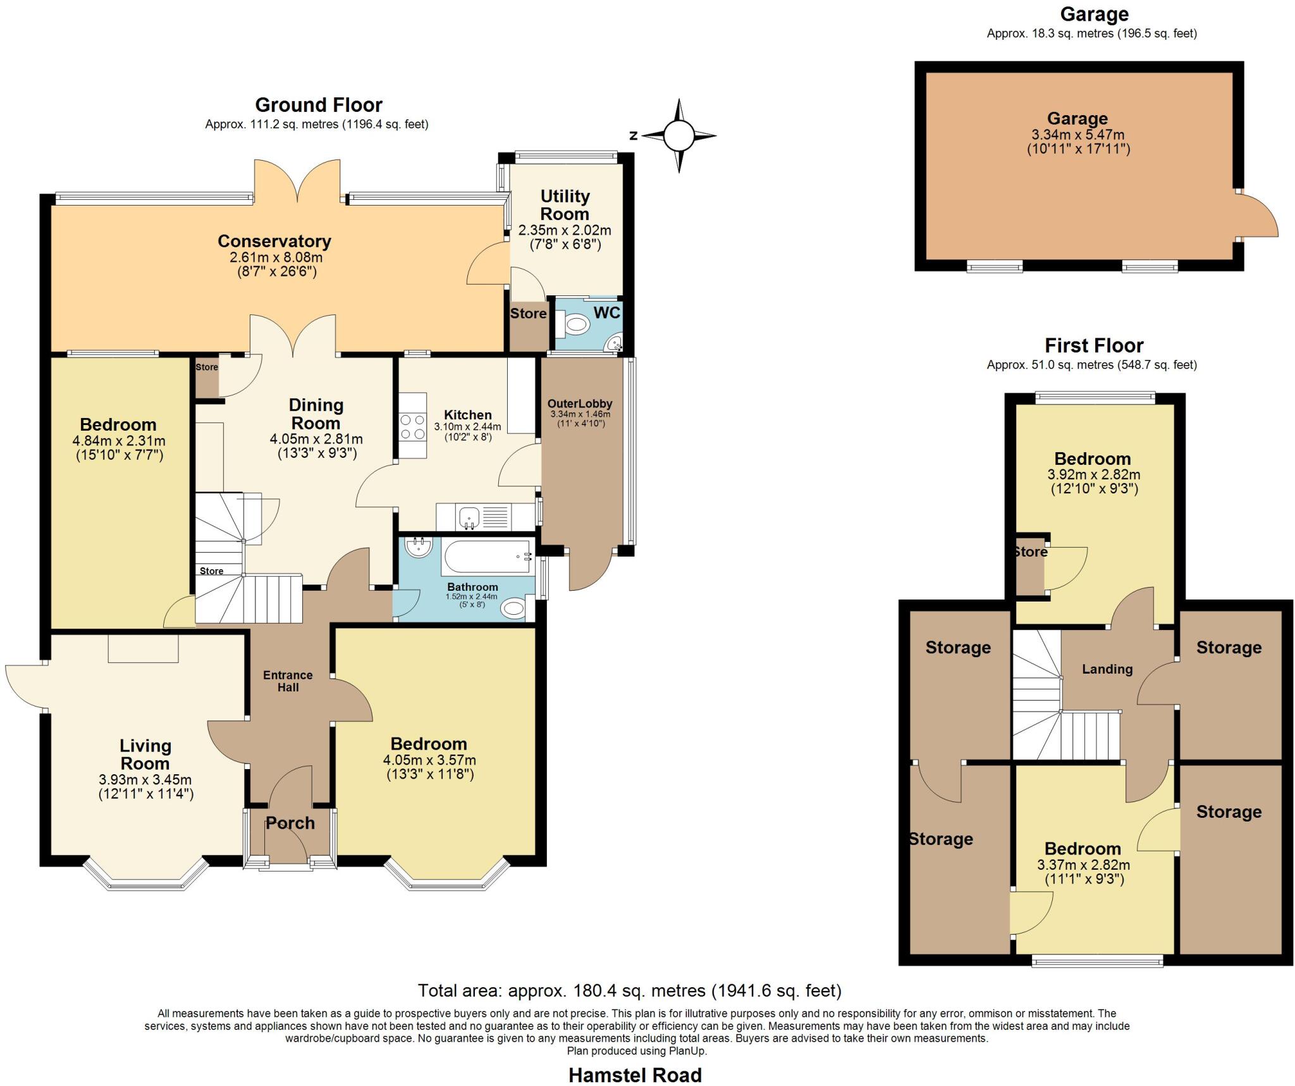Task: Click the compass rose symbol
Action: (x=679, y=135)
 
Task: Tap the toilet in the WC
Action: (x=575, y=326)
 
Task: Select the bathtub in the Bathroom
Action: (x=488, y=557)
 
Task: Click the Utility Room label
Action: (x=565, y=205)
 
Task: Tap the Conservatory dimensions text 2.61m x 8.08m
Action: (x=276, y=257)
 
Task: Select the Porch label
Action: (x=290, y=823)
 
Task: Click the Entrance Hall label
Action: (x=288, y=681)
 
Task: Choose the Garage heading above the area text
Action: (x=1094, y=14)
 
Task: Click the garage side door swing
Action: (x=1257, y=219)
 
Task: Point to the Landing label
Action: (x=1107, y=669)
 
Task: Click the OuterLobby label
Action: (x=580, y=404)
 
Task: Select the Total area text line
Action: (x=629, y=990)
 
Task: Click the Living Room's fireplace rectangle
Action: (x=144, y=648)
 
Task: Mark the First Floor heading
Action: (x=1094, y=345)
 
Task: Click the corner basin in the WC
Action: (x=614, y=344)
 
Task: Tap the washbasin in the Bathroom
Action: (x=419, y=547)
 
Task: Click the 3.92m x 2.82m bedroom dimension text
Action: (x=1094, y=474)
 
